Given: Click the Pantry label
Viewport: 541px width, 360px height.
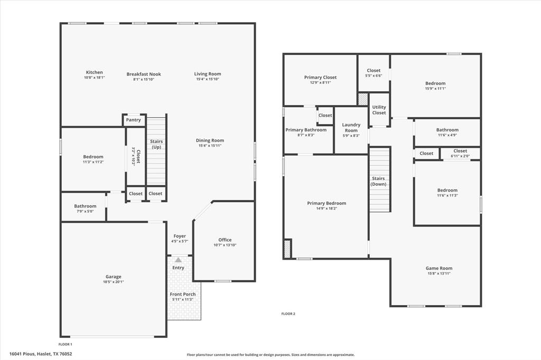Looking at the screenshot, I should (134, 120).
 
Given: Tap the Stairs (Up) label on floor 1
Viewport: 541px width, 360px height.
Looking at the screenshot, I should (156, 144).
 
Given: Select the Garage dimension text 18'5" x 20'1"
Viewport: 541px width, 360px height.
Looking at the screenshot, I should (113, 282).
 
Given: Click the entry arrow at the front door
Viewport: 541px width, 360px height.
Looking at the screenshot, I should (178, 260).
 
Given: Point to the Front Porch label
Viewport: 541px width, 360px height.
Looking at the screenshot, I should (183, 294).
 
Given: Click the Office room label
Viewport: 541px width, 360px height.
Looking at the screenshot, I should (225, 240).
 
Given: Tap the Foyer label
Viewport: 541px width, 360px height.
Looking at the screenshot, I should (180, 236).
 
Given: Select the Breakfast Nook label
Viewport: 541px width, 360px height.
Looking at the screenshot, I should (144, 74).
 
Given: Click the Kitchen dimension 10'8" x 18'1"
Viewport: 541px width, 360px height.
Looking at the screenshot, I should (95, 78).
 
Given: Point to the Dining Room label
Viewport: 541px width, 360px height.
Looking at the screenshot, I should (210, 140).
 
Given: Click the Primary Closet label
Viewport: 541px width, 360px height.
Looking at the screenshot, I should (320, 77).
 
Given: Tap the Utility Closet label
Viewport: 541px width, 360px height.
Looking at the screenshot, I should (379, 110).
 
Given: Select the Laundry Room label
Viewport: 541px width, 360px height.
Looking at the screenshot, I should (351, 127).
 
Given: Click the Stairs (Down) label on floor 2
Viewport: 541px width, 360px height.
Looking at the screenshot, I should (378, 181).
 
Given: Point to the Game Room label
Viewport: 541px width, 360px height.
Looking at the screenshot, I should (439, 268).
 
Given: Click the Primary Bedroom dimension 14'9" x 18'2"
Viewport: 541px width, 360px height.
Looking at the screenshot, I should (327, 208).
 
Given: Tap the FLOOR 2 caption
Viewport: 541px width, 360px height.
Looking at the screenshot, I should (288, 314).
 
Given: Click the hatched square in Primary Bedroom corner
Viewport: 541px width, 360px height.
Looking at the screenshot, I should (287, 249).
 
